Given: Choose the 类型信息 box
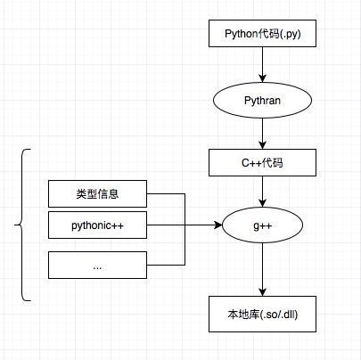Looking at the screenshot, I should (x=97, y=193).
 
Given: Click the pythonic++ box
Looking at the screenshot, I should (x=97, y=227).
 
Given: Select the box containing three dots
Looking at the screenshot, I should (x=97, y=265).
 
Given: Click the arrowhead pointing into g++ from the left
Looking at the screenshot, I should (x=218, y=227).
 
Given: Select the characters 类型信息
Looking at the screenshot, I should (x=97, y=193).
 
